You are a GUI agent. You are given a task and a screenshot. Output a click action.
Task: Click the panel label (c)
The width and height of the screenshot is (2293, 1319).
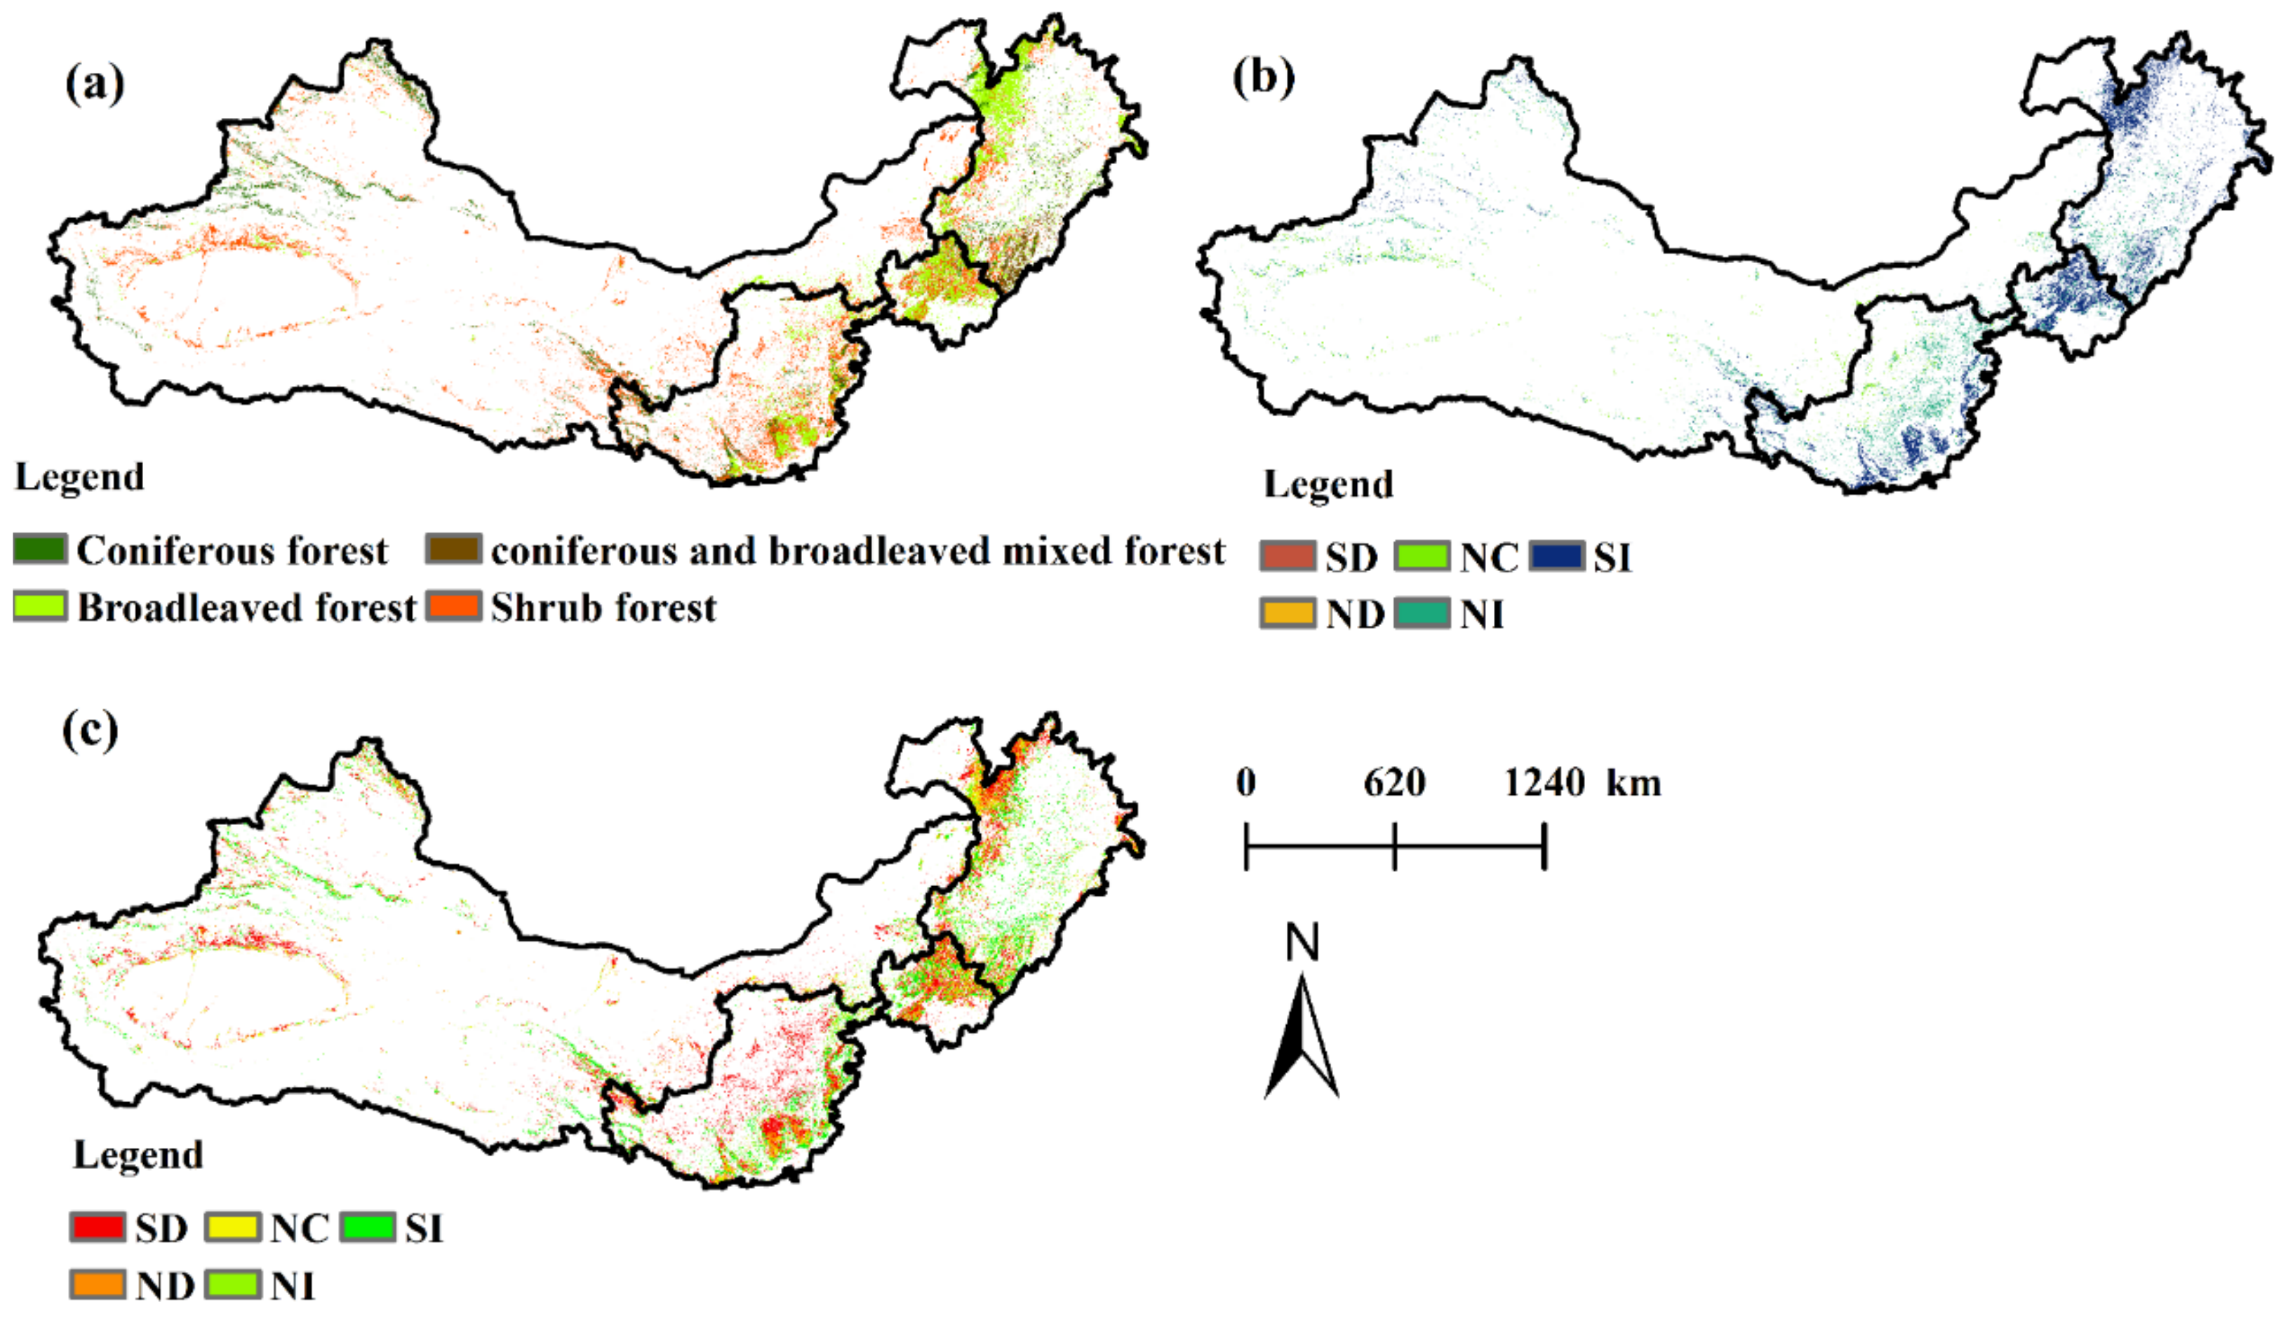[x=90, y=730]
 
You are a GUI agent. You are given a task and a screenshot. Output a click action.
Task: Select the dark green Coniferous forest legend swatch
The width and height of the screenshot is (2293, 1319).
[x=40, y=549]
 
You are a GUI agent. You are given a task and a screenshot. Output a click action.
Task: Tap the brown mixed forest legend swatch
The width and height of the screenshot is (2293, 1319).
[x=453, y=549]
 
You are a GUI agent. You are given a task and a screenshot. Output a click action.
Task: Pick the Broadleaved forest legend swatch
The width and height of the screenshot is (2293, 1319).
[x=40, y=606]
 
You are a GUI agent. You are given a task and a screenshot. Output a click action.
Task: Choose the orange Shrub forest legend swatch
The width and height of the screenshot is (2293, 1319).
[x=453, y=606]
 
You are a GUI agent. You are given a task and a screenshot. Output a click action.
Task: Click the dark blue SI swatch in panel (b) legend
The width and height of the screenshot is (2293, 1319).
[x=1556, y=556]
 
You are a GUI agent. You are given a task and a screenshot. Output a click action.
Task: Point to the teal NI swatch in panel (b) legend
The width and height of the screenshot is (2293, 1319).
[x=1422, y=613]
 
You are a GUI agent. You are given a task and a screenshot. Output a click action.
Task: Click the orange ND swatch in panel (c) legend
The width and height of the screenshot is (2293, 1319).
[x=97, y=1285]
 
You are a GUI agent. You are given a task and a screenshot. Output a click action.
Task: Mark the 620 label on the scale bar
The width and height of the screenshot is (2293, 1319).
[x=1394, y=782]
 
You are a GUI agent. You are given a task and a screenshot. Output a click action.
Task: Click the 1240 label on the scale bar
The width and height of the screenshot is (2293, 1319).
[x=1544, y=782]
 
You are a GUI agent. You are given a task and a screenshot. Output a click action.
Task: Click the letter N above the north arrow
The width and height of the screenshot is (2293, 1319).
[x=1302, y=943]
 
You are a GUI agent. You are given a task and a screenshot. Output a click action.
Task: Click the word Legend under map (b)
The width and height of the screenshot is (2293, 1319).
[x=1328, y=485]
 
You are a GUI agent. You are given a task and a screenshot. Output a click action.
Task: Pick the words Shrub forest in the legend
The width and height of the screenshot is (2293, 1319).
[x=603, y=608]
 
